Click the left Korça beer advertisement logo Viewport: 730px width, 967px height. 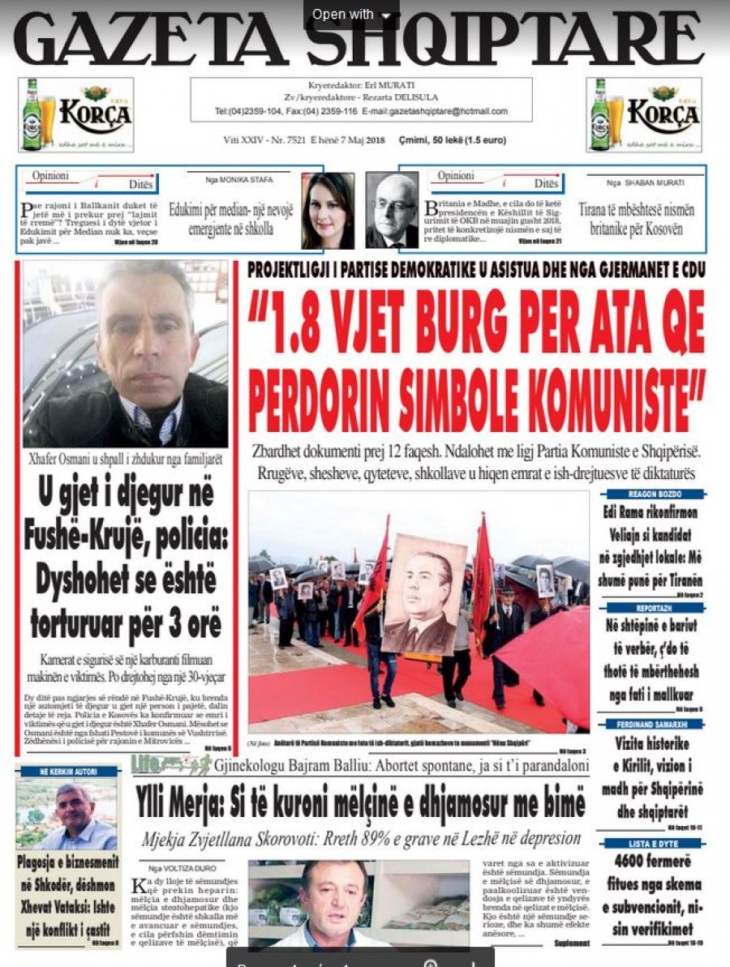click(x=77, y=114)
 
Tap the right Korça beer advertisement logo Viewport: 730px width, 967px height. click(x=643, y=114)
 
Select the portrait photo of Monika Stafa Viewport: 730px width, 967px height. click(x=328, y=210)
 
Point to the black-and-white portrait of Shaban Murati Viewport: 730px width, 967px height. click(x=391, y=210)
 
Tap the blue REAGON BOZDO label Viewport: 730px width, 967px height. click(x=654, y=494)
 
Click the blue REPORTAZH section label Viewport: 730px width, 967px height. click(x=654, y=607)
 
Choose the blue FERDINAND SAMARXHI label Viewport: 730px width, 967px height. click(x=654, y=724)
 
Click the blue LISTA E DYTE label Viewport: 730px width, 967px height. click(x=654, y=843)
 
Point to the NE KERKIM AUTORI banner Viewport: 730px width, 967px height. click(x=67, y=771)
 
